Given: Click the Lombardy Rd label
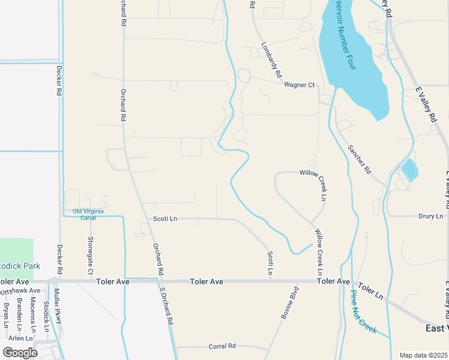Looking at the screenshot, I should click(x=272, y=61).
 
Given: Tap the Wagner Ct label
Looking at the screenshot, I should click(x=300, y=85).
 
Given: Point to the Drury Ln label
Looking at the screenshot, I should click(x=430, y=216).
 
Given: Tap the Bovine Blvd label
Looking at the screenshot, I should click(x=290, y=305).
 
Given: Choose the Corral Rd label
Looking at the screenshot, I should click(x=222, y=346).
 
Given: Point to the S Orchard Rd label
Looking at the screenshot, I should click(x=166, y=306).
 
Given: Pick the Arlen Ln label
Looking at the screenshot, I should click(x=20, y=338).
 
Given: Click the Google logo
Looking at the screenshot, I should click(x=20, y=352).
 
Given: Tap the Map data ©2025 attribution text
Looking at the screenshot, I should click(x=423, y=355).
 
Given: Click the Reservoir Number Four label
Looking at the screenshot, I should click(x=343, y=36).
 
